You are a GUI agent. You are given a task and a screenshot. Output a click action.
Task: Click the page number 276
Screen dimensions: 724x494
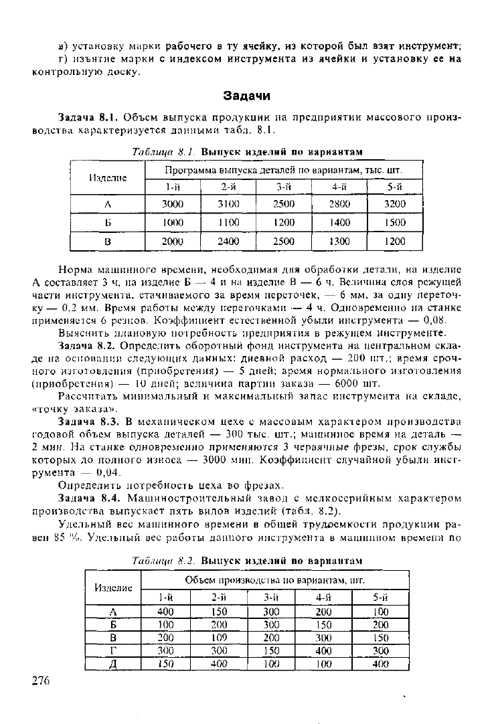point(41,681)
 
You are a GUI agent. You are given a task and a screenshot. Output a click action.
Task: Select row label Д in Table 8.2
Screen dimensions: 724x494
point(113,664)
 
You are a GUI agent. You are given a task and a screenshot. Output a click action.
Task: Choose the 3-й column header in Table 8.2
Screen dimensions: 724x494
point(271,598)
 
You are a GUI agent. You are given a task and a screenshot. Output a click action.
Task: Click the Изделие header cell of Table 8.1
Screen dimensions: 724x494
point(108,178)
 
